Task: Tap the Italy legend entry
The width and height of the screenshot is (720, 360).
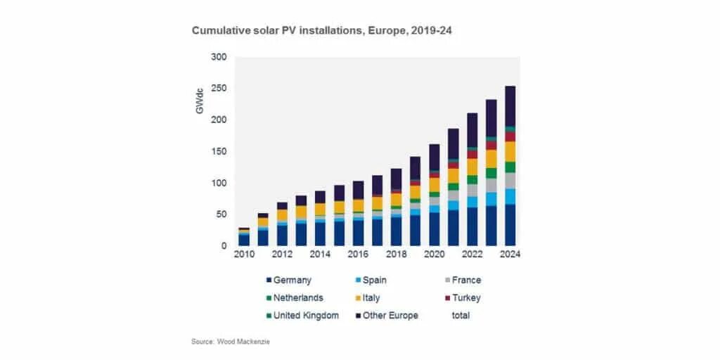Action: (x=370, y=297)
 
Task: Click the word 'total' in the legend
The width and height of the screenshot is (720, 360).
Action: (x=461, y=315)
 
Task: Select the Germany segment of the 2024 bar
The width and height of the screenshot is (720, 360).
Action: (x=510, y=225)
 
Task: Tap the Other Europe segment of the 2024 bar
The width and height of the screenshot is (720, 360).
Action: (x=510, y=106)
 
